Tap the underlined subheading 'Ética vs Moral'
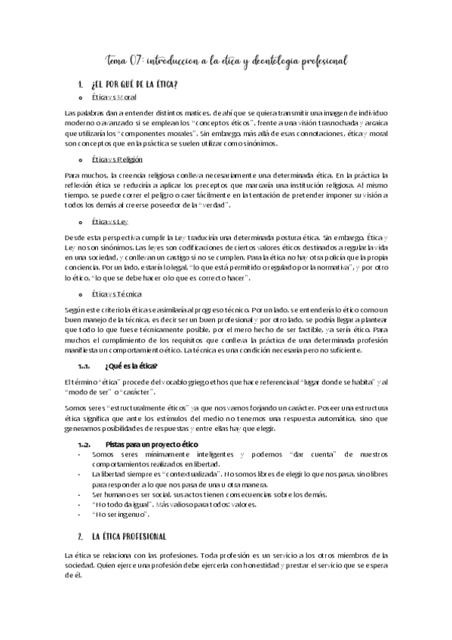(114, 98)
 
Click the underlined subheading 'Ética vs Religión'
(117, 160)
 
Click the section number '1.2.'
(84, 444)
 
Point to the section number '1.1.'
(84, 366)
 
